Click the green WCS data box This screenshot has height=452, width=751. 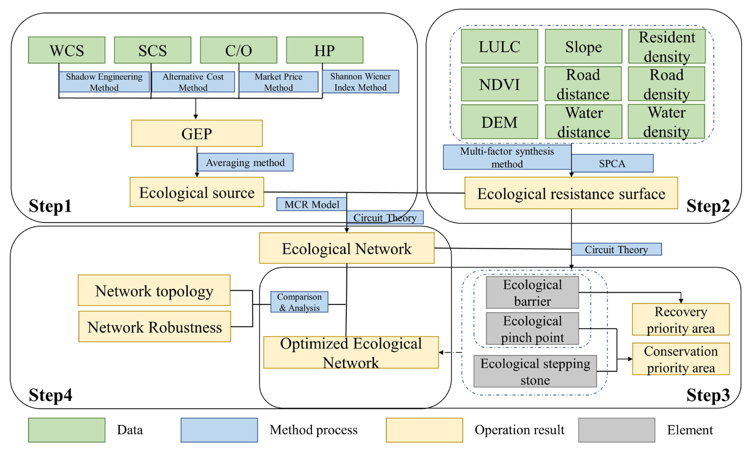click(66, 50)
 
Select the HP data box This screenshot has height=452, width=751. click(324, 50)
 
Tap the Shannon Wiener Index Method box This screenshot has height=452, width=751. click(360, 82)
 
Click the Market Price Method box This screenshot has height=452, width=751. click(278, 82)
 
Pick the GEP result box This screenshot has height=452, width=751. click(197, 134)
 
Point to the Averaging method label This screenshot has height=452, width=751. click(245, 162)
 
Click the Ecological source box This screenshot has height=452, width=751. click(197, 192)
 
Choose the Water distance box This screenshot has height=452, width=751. click(583, 122)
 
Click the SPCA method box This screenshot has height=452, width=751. click(612, 164)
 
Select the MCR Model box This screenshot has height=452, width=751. click(311, 204)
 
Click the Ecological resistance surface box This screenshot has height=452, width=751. click(571, 194)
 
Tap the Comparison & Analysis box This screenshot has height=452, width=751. click(299, 302)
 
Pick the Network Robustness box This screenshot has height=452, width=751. click(154, 327)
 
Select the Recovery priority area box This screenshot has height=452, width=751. click(680, 319)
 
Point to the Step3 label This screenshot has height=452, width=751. click(708, 395)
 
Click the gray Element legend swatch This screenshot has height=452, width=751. click(616, 430)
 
